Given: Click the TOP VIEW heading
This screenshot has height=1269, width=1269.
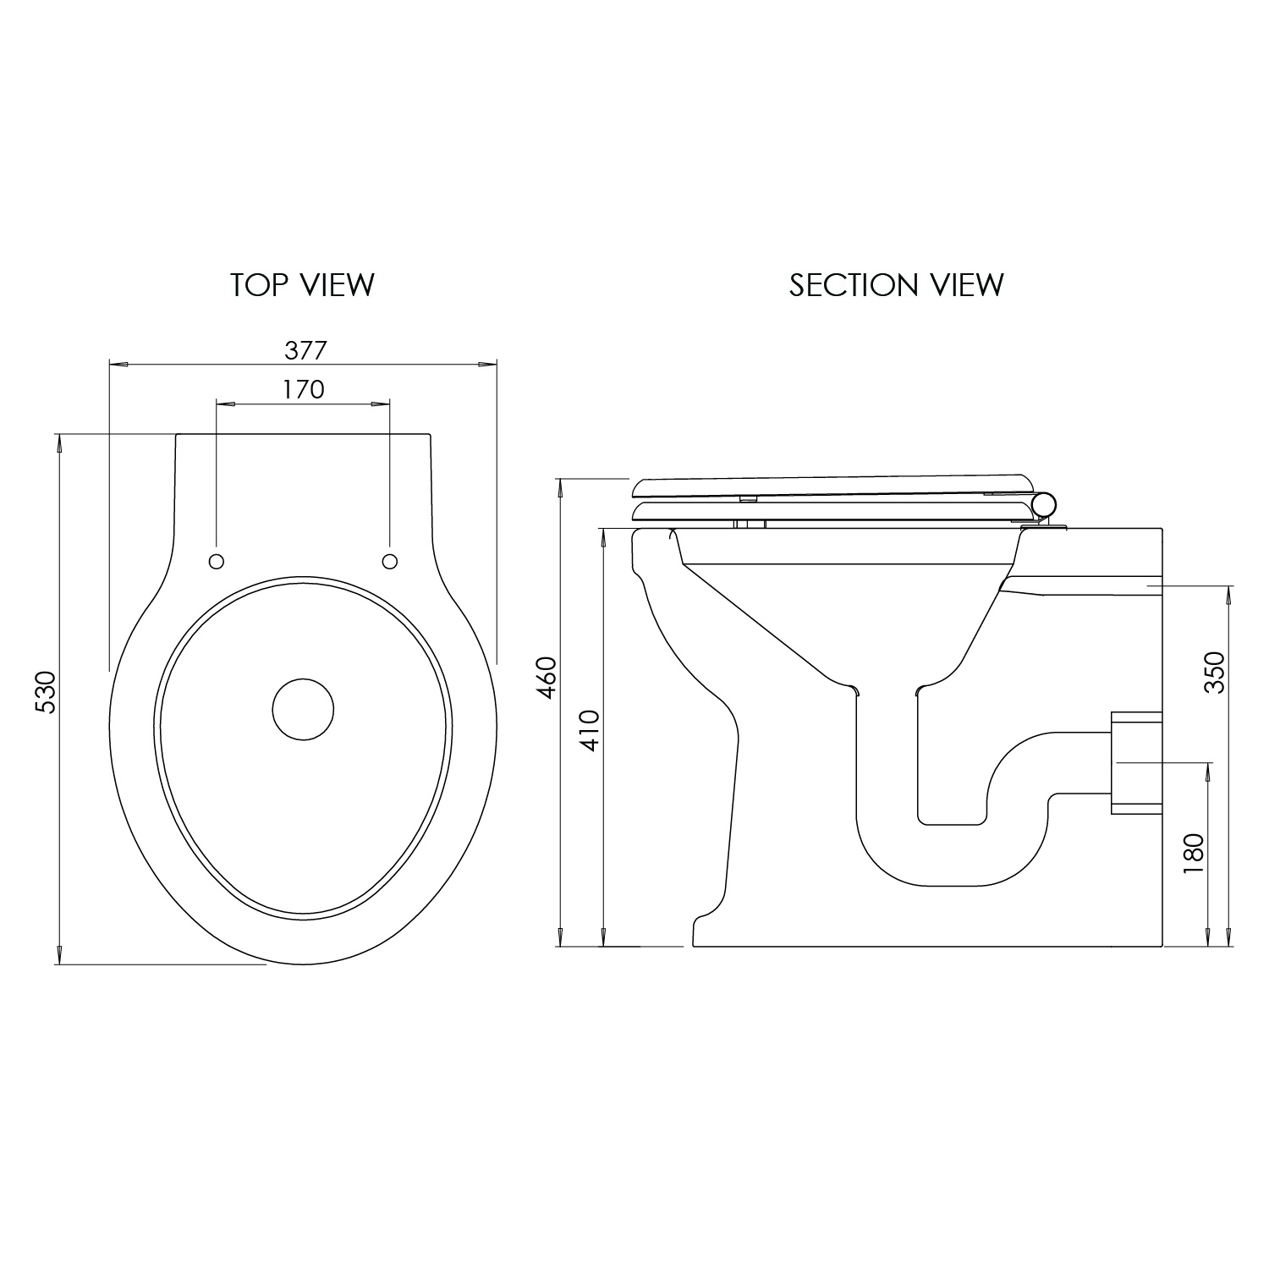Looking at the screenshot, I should click(x=302, y=285).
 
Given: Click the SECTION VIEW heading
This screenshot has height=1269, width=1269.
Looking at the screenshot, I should click(x=896, y=285).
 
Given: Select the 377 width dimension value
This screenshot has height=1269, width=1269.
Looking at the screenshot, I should click(x=303, y=349).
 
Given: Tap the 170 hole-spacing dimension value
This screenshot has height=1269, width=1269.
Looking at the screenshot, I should click(x=303, y=389).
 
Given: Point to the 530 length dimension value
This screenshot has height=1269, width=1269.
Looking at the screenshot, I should click(x=45, y=691).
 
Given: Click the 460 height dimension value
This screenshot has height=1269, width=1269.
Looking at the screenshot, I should click(x=547, y=677).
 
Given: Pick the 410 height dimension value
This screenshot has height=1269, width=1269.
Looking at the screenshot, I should click(x=590, y=730).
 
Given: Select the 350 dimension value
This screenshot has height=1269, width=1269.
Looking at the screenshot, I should click(x=1214, y=673).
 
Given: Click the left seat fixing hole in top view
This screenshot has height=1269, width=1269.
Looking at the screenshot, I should click(x=216, y=561).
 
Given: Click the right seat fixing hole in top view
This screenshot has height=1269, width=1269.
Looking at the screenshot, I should click(x=390, y=561).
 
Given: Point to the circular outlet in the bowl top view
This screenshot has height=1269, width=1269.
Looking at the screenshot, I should click(x=303, y=709).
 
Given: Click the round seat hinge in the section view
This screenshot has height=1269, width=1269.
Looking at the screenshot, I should click(x=1045, y=505).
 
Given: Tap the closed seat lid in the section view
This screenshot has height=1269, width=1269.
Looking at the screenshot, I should click(x=829, y=485).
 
